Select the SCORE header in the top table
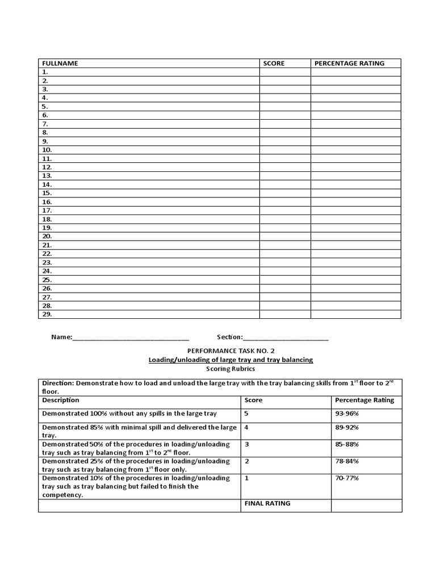(x=274, y=64)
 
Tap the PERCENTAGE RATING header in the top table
(x=349, y=64)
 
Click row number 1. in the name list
(x=45, y=72)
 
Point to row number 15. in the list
(x=47, y=193)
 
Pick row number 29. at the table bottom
(x=47, y=314)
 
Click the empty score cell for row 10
(x=285, y=150)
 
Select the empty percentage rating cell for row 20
(x=355, y=236)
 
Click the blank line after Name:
(x=131, y=338)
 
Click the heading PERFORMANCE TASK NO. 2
(x=230, y=351)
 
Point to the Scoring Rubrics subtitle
(x=230, y=369)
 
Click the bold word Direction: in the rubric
(x=58, y=383)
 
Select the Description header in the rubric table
(x=60, y=400)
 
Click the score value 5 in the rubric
(x=246, y=414)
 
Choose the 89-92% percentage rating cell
(x=347, y=427)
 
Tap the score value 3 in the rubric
(x=246, y=444)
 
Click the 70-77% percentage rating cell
(x=347, y=478)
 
